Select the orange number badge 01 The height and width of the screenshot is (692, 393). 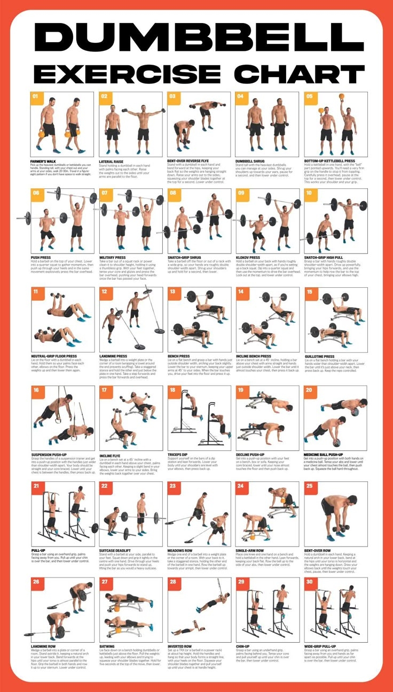coord(36,97)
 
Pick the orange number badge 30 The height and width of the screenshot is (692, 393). coord(310,582)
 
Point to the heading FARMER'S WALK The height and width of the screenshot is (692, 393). coord(43,160)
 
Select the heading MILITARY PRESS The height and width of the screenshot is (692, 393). coord(112,257)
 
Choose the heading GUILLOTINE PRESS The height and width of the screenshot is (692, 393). coord(319,357)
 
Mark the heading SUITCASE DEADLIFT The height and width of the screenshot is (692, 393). coord(115,550)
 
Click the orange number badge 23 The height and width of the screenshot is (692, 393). coord(173,486)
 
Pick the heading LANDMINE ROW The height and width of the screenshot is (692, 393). coord(43,646)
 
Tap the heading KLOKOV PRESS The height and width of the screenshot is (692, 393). coord(248,257)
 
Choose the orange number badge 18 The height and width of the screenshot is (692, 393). coord(173,390)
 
